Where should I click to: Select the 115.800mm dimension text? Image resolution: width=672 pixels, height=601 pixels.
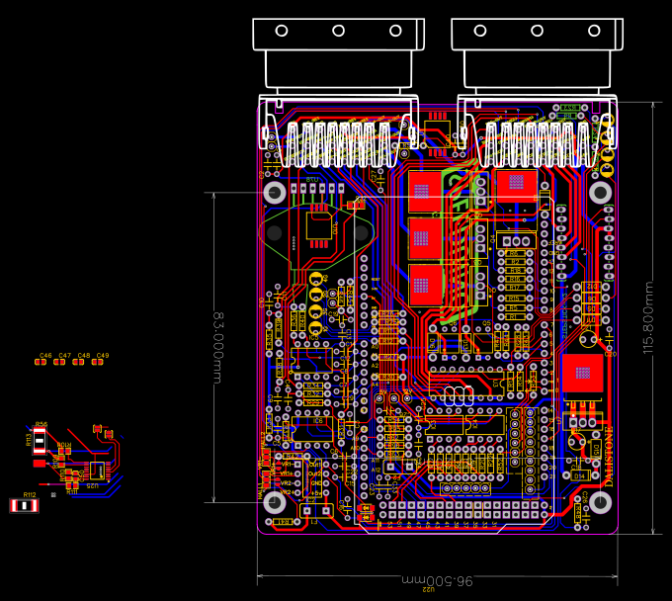(648, 316)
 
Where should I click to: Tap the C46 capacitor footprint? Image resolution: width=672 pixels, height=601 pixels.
(41, 363)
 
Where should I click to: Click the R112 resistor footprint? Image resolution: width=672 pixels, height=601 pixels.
(24, 505)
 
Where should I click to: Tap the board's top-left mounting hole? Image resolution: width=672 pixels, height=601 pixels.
(274, 192)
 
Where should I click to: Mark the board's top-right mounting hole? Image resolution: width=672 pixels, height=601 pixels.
(601, 192)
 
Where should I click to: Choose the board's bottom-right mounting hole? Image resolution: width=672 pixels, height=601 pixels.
(601, 502)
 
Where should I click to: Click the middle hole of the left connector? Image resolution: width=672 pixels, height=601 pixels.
(338, 31)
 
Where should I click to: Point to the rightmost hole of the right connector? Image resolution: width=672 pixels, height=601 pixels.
(595, 31)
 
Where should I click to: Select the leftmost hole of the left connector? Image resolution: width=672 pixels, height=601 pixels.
(281, 31)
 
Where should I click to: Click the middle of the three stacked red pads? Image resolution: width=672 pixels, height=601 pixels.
(424, 236)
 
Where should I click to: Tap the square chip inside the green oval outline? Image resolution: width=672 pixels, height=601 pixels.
(318, 226)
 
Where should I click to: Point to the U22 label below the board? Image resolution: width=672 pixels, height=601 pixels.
(429, 589)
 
